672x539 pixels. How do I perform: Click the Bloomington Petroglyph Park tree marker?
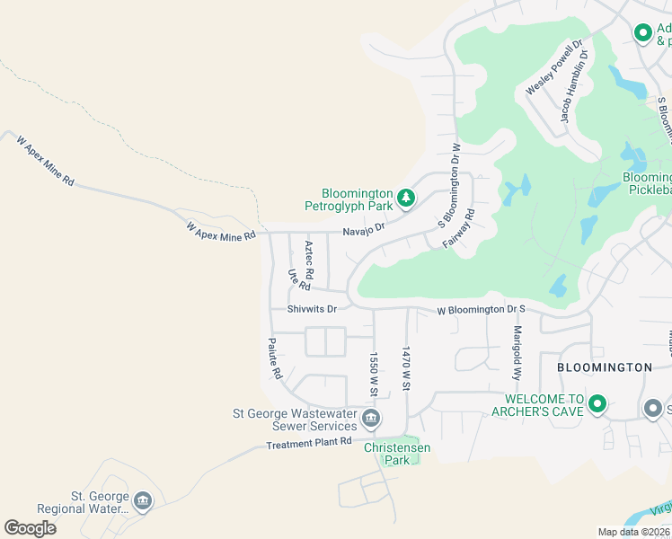point(406,198)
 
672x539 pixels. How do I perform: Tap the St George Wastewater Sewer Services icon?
point(370,419)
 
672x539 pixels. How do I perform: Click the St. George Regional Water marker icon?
point(142,501)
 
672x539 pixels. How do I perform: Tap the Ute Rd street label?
point(298,279)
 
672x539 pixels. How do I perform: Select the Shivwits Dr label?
point(312,309)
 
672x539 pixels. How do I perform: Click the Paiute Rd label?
point(277,358)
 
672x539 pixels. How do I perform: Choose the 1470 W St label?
point(406,368)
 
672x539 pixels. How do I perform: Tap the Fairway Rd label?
point(457,228)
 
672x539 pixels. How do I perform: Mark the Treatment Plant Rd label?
point(309,443)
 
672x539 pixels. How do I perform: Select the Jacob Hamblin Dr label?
point(574,86)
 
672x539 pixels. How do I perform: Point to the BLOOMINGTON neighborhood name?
point(604,367)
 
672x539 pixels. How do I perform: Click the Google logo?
point(30,527)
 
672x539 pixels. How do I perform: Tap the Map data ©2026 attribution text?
point(634,532)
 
